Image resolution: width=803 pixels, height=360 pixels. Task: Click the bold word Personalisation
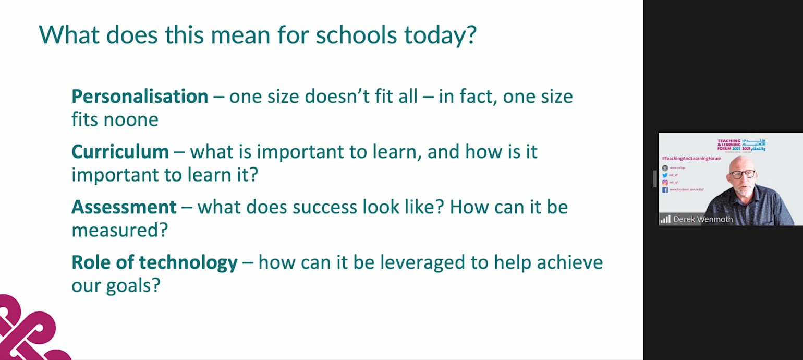click(140, 97)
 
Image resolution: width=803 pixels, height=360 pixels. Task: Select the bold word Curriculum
click(120, 152)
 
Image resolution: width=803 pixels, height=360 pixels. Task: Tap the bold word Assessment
click(124, 207)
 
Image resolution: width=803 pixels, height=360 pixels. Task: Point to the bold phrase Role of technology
click(154, 262)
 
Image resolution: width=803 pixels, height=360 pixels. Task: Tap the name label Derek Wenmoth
click(703, 219)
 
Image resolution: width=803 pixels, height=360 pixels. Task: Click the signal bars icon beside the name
click(665, 219)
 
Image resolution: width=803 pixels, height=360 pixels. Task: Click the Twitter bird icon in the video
click(665, 175)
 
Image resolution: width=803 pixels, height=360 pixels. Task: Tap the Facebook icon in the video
click(665, 190)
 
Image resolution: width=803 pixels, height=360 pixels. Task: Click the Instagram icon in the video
click(665, 183)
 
